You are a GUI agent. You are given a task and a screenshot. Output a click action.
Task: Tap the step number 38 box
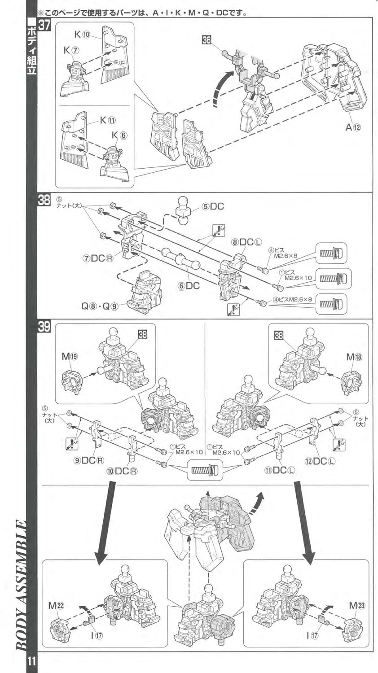click(44, 201)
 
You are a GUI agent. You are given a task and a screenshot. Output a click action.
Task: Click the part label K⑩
click(83, 35)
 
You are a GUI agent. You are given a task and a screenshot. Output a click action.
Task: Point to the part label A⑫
click(353, 127)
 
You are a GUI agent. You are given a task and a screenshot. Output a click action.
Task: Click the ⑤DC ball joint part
click(184, 208)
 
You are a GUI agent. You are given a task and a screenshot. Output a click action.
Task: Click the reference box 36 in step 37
click(207, 40)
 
